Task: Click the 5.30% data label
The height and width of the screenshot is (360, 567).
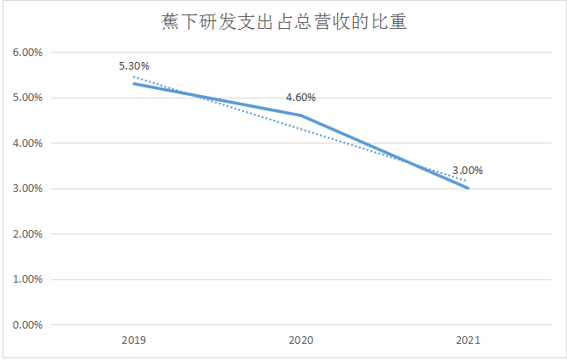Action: (x=135, y=65)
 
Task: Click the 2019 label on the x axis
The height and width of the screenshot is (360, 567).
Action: (x=134, y=340)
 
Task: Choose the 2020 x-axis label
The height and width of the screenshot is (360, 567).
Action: (x=300, y=340)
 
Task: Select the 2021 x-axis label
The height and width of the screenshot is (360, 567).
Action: (x=468, y=340)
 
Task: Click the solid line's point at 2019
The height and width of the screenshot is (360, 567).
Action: (x=134, y=84)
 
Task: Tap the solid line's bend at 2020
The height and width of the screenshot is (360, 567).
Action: (x=300, y=115)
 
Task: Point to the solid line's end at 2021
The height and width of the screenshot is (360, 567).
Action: (x=468, y=188)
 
